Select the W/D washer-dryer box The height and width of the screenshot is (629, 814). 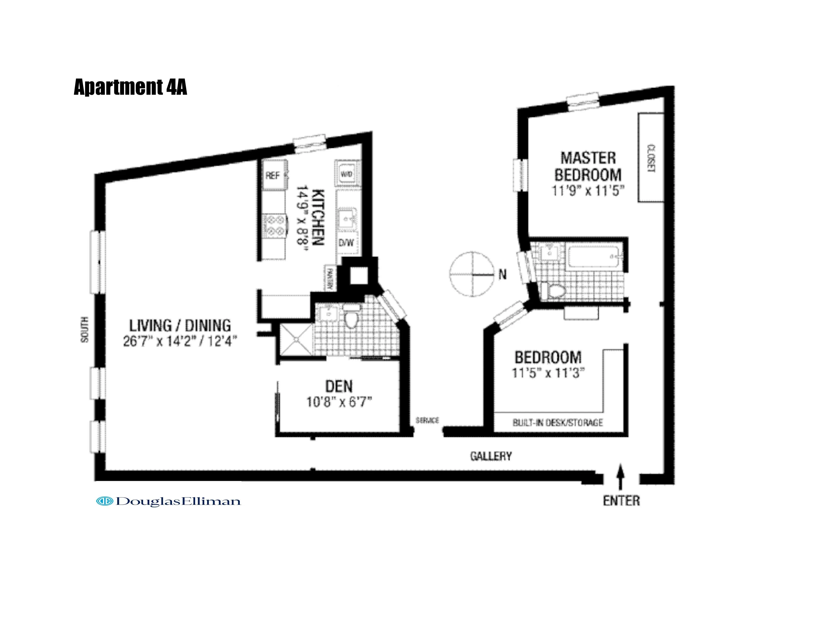click(347, 174)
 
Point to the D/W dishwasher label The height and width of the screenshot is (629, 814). click(346, 243)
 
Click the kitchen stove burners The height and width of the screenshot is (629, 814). click(275, 226)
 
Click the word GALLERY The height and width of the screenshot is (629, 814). click(491, 456)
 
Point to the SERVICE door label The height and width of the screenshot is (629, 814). click(427, 420)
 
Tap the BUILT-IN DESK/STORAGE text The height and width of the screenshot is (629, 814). click(557, 423)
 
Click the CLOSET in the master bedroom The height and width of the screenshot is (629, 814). click(651, 158)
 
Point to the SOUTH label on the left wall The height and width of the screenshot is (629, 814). click(85, 330)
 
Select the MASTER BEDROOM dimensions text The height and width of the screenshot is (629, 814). click(588, 191)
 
